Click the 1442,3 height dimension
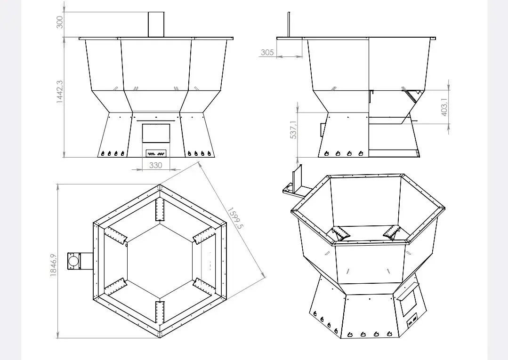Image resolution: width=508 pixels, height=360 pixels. (60, 92)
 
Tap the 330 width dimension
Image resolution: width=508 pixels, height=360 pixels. (155, 165)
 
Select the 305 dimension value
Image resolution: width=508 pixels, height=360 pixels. (267, 52)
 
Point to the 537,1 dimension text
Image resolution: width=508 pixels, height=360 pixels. (293, 130)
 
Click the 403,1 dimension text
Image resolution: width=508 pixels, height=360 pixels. (444, 107)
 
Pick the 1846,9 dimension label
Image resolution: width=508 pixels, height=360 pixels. (54, 265)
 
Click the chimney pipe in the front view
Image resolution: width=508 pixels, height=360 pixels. (156, 24)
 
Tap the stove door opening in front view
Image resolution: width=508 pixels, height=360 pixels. (156, 133)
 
